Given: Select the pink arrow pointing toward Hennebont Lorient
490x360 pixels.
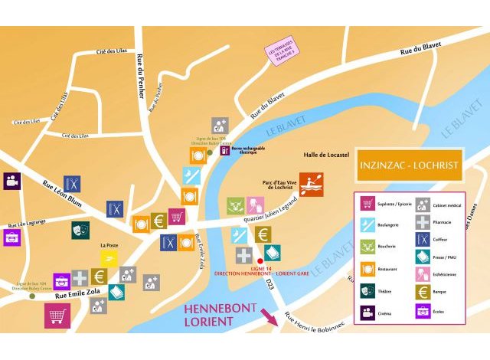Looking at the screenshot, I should pos(269,316).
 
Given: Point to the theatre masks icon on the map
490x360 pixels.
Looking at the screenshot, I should pos(80,229).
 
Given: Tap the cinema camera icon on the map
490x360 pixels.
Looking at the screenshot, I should pos(12,181).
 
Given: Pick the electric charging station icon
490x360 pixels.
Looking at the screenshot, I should pos(224,150).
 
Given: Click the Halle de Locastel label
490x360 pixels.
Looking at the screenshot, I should pos(310,154).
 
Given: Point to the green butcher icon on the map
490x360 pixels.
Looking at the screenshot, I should pos(236,205).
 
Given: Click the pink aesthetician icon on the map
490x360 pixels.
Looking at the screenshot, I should pos(255,205).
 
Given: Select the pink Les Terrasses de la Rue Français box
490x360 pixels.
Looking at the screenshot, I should pos(283,52).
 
